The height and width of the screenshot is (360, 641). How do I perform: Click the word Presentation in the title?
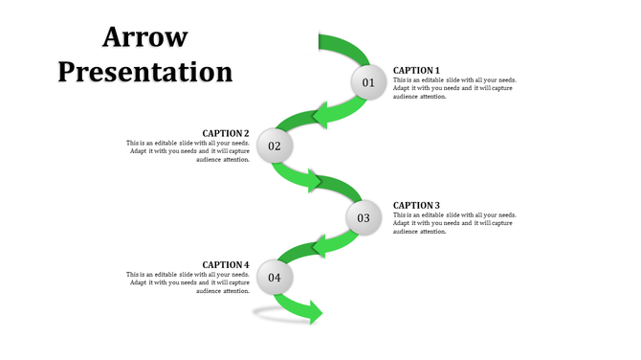click(144, 71)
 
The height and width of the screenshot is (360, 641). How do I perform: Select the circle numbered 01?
click(368, 83)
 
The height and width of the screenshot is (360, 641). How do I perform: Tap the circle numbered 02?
click(275, 146)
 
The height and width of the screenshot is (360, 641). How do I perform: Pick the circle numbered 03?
click(364, 218)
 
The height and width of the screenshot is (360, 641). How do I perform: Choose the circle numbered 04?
click(275, 279)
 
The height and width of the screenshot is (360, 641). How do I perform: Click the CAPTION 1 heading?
click(416, 70)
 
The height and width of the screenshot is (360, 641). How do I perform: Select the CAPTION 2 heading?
click(226, 133)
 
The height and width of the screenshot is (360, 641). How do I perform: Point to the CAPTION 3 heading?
click(416, 205)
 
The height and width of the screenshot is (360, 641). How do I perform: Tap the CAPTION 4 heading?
click(226, 264)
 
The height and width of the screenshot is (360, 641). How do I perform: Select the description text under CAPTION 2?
click(188, 151)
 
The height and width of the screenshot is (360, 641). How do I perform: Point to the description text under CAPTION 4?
click(188, 282)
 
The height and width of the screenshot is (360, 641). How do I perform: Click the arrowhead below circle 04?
click(313, 311)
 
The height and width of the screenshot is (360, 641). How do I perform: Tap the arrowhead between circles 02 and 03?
click(315, 181)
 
